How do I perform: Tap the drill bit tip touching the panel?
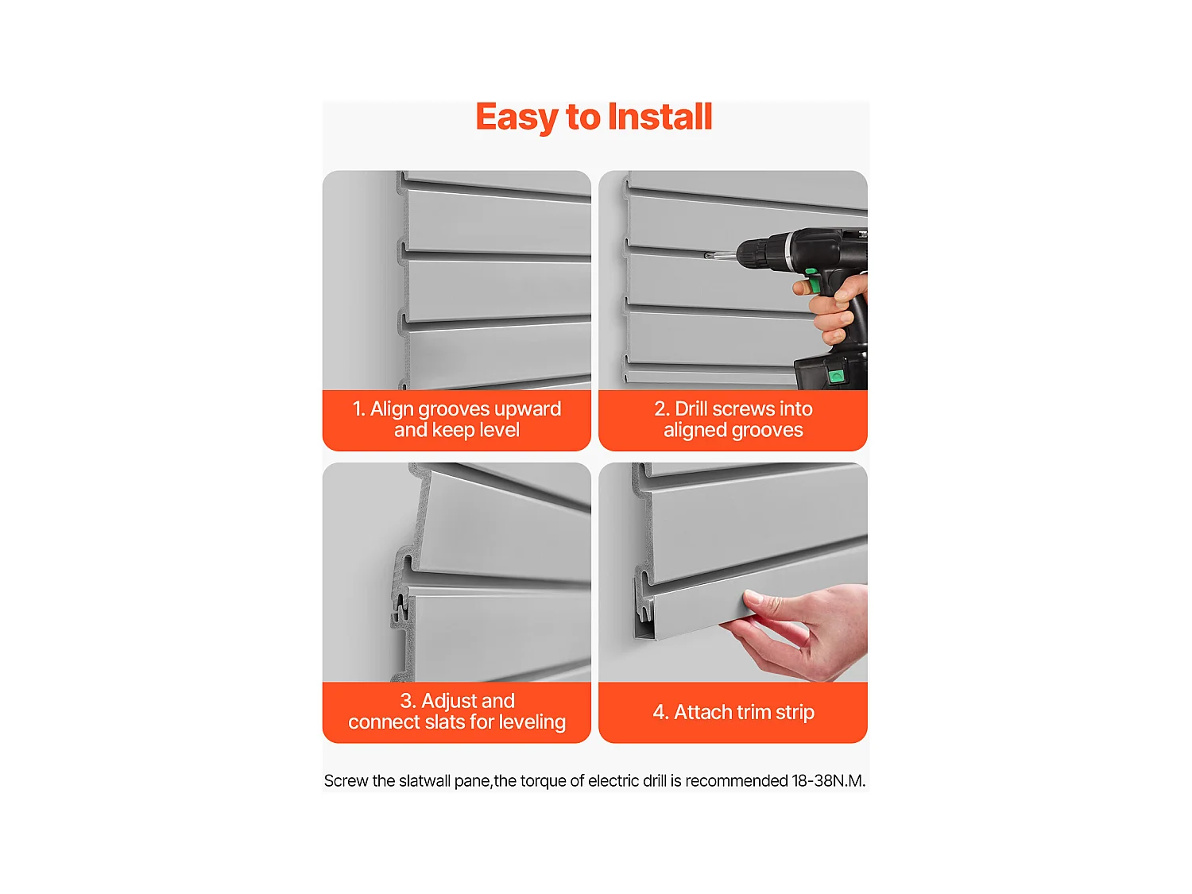point(708,255)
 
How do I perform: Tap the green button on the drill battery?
point(836,375)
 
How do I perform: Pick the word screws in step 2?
point(744,409)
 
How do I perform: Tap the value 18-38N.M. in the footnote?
point(828,781)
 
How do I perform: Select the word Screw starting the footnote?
point(346,781)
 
